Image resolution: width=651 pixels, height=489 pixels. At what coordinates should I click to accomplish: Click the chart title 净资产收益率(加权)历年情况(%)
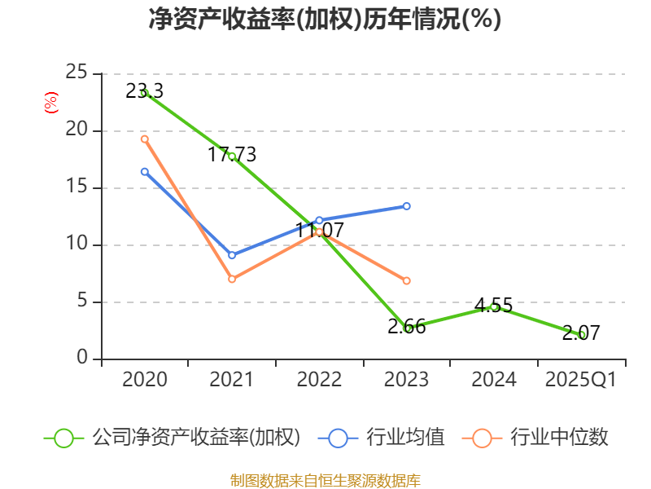(x=325, y=20)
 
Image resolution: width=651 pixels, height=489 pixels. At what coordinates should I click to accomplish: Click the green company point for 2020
(x=144, y=93)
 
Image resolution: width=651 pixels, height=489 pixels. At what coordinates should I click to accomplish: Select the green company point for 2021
(x=232, y=156)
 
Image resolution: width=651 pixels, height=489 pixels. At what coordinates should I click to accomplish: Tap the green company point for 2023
(x=408, y=328)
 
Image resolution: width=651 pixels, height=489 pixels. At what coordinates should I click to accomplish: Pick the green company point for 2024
(x=494, y=306)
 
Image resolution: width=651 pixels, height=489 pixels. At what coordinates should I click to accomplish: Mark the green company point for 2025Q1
(x=581, y=334)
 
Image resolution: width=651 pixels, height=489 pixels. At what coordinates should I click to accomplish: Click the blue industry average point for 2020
(x=144, y=171)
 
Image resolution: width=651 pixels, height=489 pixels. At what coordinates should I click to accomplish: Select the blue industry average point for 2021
(x=232, y=255)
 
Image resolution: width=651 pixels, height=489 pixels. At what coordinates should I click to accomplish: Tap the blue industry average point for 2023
(x=407, y=206)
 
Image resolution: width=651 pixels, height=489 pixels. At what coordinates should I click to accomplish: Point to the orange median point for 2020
(x=144, y=139)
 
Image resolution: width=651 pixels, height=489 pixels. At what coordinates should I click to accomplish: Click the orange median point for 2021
(x=232, y=279)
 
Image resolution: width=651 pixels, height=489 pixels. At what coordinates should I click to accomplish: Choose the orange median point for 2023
(x=407, y=280)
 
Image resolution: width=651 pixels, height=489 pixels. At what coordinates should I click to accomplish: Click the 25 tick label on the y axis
(x=76, y=73)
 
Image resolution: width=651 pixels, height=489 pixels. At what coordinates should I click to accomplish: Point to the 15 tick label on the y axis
(x=76, y=187)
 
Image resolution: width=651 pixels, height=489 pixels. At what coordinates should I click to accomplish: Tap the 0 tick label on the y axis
(x=82, y=359)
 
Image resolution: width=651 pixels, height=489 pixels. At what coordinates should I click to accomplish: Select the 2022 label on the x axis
(x=319, y=380)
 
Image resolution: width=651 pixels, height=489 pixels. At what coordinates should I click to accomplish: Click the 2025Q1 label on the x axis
(x=580, y=380)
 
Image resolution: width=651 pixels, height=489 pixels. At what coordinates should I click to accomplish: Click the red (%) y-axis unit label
(x=50, y=104)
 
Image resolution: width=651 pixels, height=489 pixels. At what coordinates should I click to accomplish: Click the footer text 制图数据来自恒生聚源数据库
(x=325, y=480)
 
